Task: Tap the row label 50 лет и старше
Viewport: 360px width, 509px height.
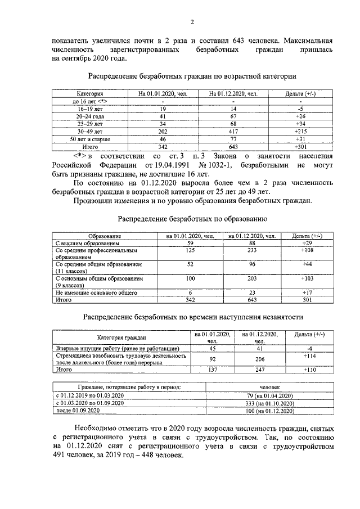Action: tap(90, 138)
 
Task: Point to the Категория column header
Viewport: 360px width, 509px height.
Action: tap(90, 93)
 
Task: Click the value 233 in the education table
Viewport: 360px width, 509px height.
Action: tap(252, 250)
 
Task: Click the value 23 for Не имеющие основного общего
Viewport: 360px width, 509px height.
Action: tap(252, 292)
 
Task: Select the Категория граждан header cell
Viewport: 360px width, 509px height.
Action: tap(121, 337)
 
